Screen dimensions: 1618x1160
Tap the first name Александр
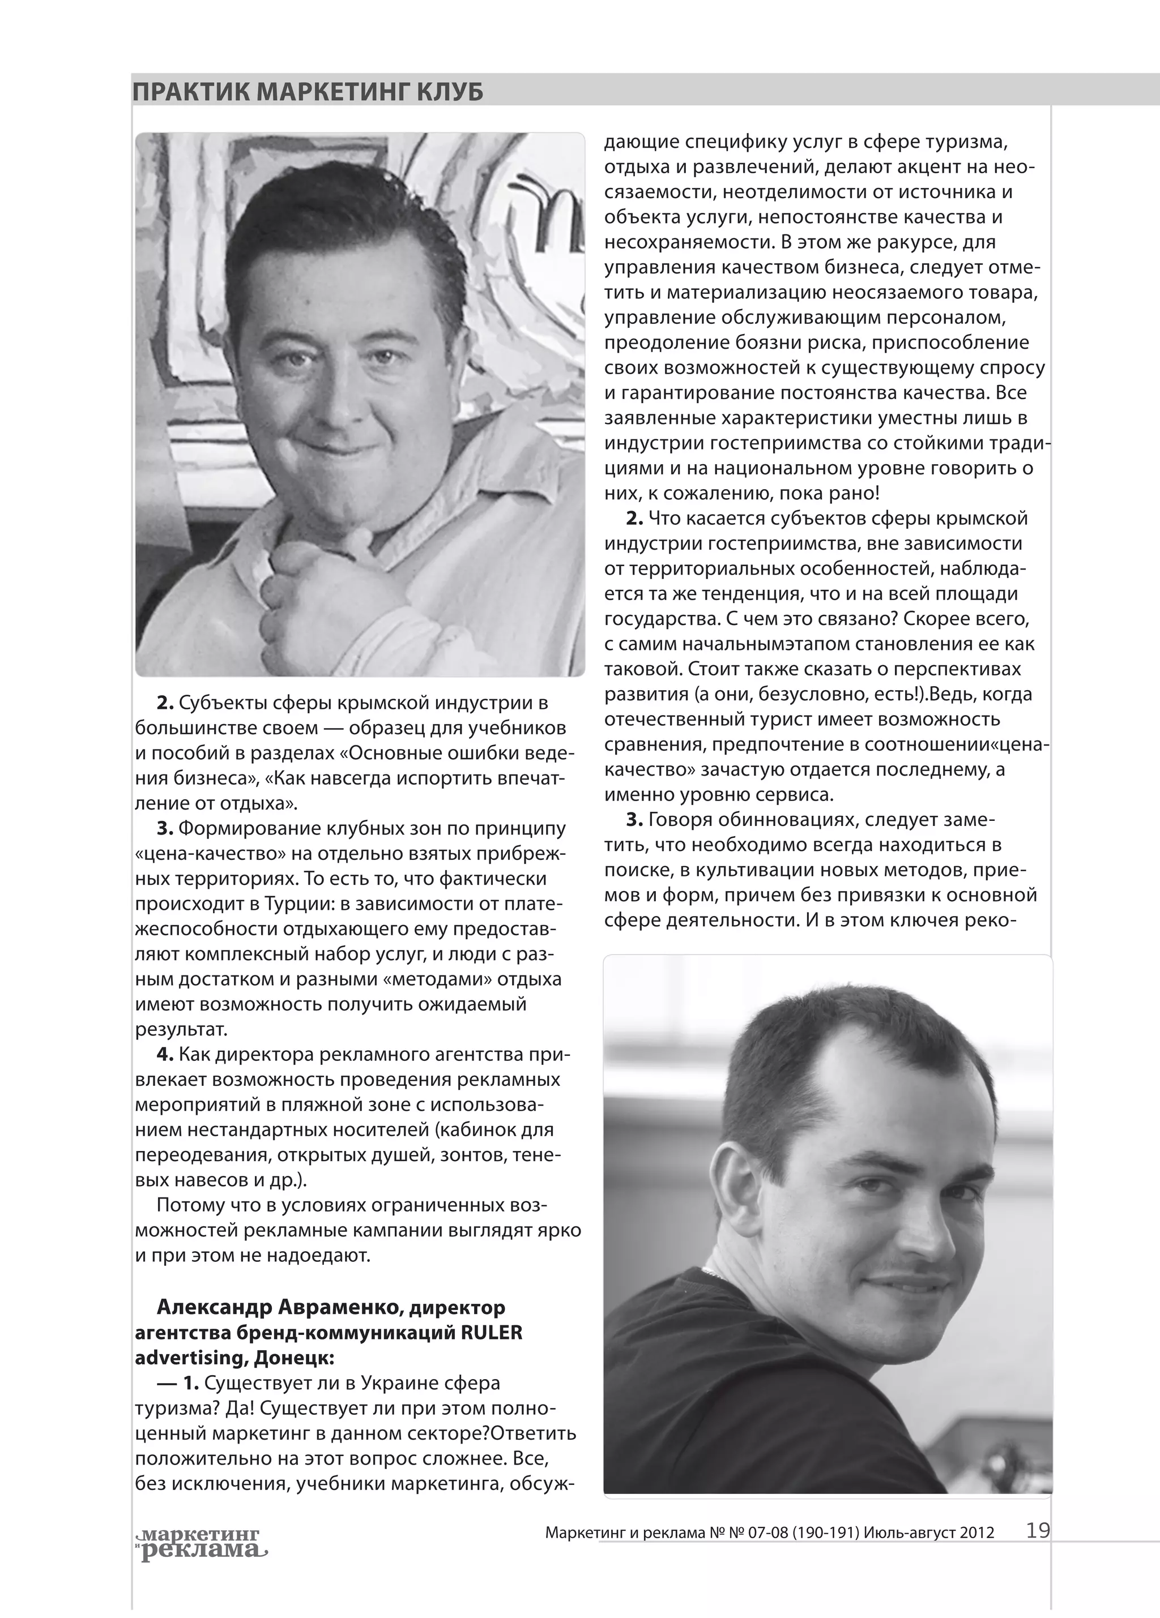point(214,1307)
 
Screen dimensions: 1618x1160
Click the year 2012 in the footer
point(977,1532)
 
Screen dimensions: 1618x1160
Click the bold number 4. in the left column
point(165,1054)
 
